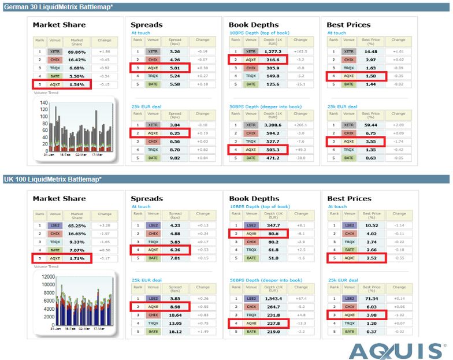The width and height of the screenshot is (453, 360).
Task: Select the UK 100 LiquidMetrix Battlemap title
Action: pos(52,179)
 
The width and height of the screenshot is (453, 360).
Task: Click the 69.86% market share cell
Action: pos(77,51)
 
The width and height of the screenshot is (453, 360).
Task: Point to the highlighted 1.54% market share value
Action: pos(77,84)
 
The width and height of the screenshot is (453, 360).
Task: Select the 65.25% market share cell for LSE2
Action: pos(77,225)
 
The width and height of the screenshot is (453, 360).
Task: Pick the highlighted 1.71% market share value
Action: pos(77,258)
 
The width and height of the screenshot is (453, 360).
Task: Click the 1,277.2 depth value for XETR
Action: pos(272,51)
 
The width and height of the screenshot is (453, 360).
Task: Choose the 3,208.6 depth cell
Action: pos(272,124)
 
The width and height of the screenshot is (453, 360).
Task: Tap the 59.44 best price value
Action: pos(370,124)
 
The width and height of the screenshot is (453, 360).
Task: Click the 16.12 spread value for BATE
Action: pos(174,331)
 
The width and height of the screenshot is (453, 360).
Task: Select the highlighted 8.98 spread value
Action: pos(174,306)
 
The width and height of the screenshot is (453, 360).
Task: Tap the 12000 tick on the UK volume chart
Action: pos(41,276)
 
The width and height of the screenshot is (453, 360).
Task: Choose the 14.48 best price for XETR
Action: pos(370,51)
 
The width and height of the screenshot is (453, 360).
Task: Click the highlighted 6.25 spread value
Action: pos(174,132)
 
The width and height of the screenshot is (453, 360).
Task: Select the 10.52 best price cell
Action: pos(370,225)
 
